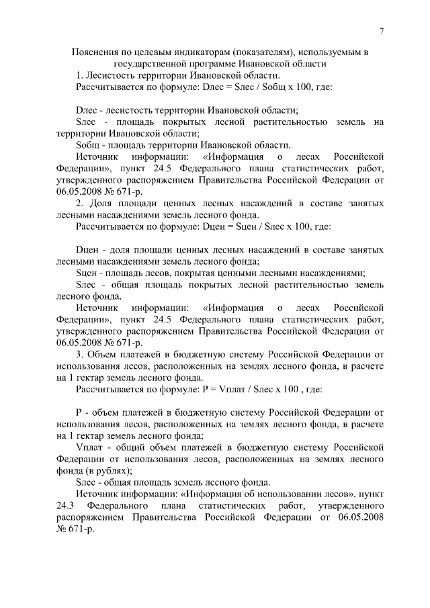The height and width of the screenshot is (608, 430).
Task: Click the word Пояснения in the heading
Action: coord(93,52)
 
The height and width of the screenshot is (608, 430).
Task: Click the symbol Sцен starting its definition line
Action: coord(89,273)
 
